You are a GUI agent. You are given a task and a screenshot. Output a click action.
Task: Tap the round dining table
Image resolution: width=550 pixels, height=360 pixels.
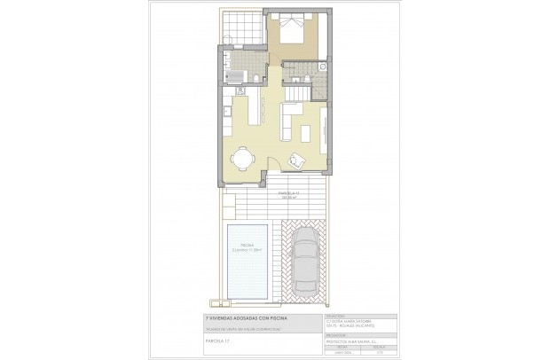coord(241,159)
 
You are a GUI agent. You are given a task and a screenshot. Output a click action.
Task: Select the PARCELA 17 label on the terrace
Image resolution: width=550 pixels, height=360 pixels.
coord(287,193)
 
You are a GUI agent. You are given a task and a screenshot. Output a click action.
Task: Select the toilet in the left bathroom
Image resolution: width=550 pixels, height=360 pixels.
coord(256,79)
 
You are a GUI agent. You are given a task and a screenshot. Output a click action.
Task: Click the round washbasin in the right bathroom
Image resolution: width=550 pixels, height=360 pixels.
coord(322,67)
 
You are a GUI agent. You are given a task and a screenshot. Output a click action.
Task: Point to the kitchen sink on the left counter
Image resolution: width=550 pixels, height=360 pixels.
coord(226,112)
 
